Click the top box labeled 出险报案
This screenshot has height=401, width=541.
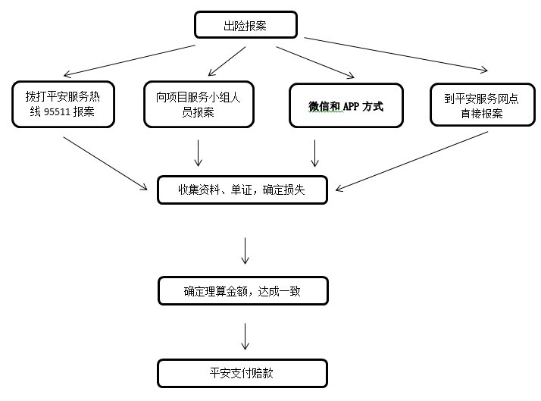tap(245, 25)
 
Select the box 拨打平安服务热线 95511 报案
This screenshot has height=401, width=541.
tap(63, 104)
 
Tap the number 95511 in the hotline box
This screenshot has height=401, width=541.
tap(57, 112)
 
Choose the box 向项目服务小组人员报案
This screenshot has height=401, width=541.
tap(199, 104)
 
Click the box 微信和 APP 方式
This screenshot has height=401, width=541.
tap(346, 105)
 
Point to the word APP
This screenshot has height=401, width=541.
tap(352, 106)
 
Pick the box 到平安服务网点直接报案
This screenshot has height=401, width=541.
tap(483, 105)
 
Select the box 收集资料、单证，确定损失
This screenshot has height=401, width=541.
tap(242, 190)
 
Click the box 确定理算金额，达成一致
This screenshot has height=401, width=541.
tap(243, 291)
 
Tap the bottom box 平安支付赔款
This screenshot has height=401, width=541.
tap(242, 374)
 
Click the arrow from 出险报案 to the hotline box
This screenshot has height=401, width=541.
tap(130, 61)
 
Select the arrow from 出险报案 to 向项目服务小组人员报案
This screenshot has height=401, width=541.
tap(227, 61)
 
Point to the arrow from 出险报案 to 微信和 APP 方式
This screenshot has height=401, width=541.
tap(315, 62)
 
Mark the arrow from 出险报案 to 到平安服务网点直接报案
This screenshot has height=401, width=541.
tap(396, 54)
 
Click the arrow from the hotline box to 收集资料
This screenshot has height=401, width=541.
tap(105, 163)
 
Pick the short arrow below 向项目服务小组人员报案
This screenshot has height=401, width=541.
tap(198, 153)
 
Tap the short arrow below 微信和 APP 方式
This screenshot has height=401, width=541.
tap(314, 153)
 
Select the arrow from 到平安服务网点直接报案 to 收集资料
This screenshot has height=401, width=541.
tap(411, 161)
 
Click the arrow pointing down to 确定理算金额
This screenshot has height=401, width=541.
tap(245, 251)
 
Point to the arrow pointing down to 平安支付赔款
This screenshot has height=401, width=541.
tap(245, 337)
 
